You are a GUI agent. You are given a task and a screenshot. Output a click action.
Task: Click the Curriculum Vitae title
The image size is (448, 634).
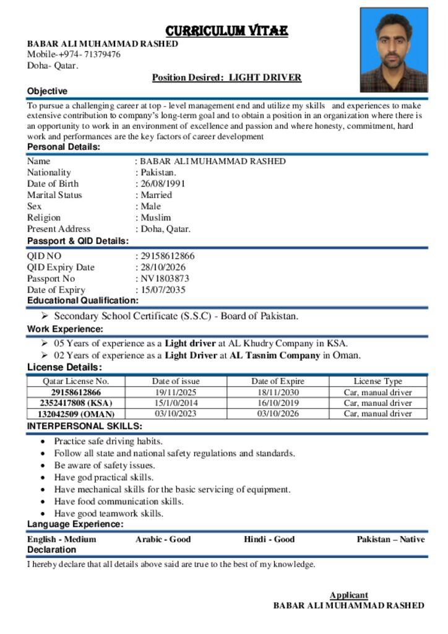[x=226, y=30]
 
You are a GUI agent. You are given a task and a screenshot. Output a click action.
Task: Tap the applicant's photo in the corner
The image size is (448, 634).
[x=394, y=50]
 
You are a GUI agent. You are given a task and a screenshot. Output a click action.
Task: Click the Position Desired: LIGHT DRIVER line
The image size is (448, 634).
[x=226, y=77]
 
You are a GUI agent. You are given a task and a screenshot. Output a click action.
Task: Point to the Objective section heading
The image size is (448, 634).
[x=47, y=91]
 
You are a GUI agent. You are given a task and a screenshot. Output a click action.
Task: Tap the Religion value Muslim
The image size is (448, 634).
[x=155, y=217]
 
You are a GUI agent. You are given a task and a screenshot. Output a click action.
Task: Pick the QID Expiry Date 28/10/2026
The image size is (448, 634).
[x=162, y=267]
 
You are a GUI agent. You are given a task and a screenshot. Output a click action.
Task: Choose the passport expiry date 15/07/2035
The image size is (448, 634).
[x=162, y=290]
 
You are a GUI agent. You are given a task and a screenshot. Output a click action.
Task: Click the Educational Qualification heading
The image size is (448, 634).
[x=82, y=300]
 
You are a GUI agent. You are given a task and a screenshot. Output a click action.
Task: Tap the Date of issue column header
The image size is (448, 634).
[x=176, y=381]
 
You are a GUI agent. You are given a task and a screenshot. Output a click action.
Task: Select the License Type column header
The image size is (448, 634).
[x=377, y=381]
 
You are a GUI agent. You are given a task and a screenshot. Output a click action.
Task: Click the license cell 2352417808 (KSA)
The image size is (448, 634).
[x=75, y=403]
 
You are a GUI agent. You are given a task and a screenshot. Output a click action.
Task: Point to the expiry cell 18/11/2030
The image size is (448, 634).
[x=278, y=393]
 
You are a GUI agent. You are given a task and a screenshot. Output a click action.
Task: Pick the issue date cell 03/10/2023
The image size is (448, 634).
[x=176, y=414]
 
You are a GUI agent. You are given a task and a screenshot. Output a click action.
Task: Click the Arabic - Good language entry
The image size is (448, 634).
[x=163, y=539]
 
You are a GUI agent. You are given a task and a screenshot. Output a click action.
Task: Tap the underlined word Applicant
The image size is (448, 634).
[x=348, y=595]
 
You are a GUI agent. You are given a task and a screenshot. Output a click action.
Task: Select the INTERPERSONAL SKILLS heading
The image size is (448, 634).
[x=84, y=426]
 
